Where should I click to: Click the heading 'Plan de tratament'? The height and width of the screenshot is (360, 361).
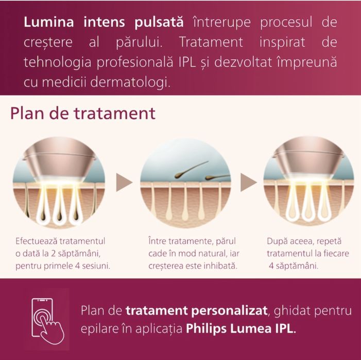coord(83,113)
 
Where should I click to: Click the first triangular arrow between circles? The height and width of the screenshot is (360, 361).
coord(124,182)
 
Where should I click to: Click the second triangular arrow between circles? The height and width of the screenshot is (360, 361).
coord(249,182)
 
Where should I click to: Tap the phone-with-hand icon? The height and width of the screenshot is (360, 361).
coord(48,319)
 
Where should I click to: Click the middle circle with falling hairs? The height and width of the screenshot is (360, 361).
coord(186,182)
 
